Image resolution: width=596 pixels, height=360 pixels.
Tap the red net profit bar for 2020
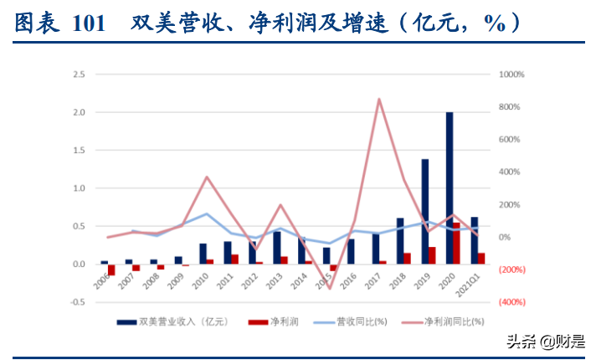point(457,244)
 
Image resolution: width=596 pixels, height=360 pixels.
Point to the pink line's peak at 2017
point(379,100)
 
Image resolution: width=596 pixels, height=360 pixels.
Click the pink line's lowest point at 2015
point(330,289)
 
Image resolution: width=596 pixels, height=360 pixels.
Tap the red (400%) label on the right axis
point(512,302)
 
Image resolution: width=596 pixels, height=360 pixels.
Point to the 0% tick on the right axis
point(505,237)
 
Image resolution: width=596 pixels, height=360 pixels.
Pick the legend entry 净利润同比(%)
point(453,321)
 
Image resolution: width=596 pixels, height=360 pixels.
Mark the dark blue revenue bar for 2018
point(400,240)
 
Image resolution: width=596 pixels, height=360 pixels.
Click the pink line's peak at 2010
point(207,177)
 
